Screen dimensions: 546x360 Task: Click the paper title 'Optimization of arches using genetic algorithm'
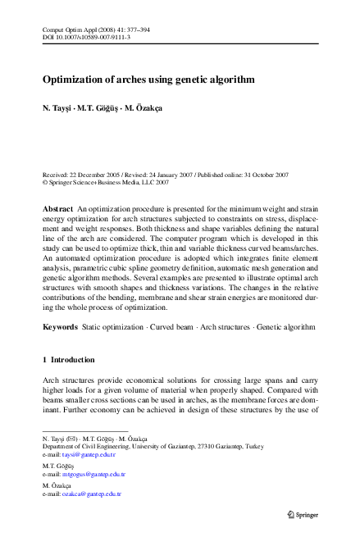[148, 80]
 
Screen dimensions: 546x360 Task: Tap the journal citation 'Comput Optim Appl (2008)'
[82, 30]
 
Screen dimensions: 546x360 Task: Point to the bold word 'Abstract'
[58, 211]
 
